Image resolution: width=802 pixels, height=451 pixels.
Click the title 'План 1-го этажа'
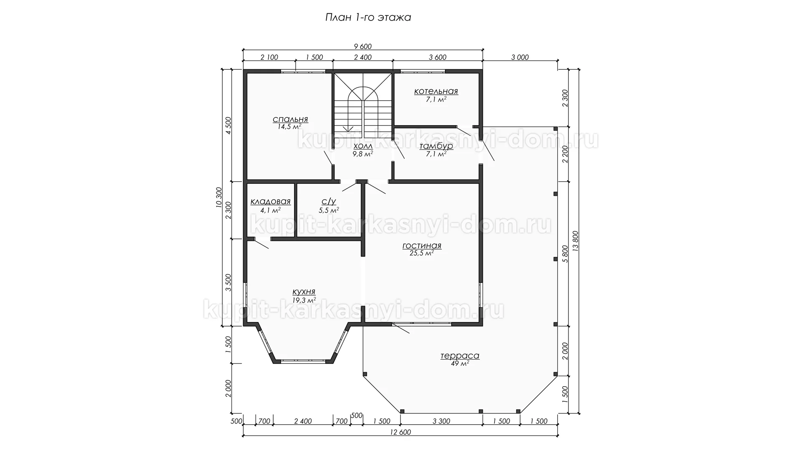coord(368,18)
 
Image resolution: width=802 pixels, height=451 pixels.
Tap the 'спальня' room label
coord(290,120)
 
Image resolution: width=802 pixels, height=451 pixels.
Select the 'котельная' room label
coord(436,91)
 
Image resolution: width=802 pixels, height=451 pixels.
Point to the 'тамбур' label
coord(436,146)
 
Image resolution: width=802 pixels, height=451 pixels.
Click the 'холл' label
coord(363,146)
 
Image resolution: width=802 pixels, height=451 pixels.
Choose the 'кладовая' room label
coord(270,202)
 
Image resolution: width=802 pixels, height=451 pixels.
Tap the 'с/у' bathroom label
coord(328,202)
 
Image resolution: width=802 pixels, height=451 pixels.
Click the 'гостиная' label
coord(422,246)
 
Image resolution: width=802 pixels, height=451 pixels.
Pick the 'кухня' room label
coord(304,292)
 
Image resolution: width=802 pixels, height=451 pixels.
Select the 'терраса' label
coord(460,356)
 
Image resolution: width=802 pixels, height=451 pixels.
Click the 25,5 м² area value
coord(422,253)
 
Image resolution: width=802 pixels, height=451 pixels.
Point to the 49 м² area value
coord(460,364)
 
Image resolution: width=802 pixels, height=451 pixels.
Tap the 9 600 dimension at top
coord(362,46)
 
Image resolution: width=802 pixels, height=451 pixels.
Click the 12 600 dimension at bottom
coord(400,432)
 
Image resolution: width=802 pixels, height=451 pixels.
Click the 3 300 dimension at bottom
coord(441,421)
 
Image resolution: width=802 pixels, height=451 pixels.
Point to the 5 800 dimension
coord(565,253)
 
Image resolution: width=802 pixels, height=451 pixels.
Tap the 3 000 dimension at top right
coord(520,58)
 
